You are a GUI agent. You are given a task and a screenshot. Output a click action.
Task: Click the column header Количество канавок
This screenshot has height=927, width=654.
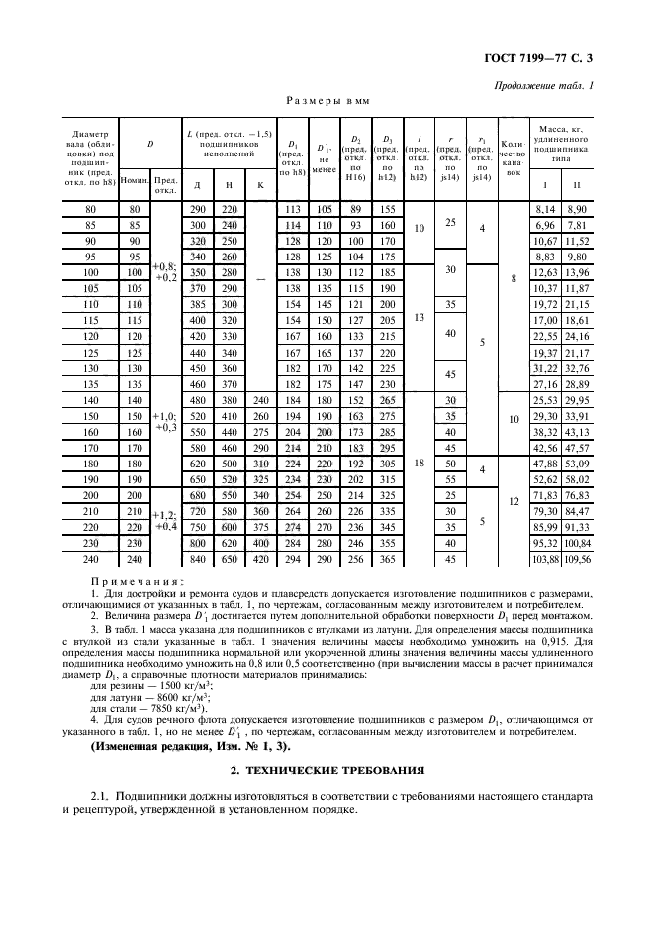click(513, 157)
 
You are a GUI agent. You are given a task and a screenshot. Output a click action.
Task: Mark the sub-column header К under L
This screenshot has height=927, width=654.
click(260, 185)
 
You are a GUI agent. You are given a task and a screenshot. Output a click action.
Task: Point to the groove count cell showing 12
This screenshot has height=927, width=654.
click(513, 502)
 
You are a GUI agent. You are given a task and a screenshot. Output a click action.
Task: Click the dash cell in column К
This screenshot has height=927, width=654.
click(260, 279)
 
